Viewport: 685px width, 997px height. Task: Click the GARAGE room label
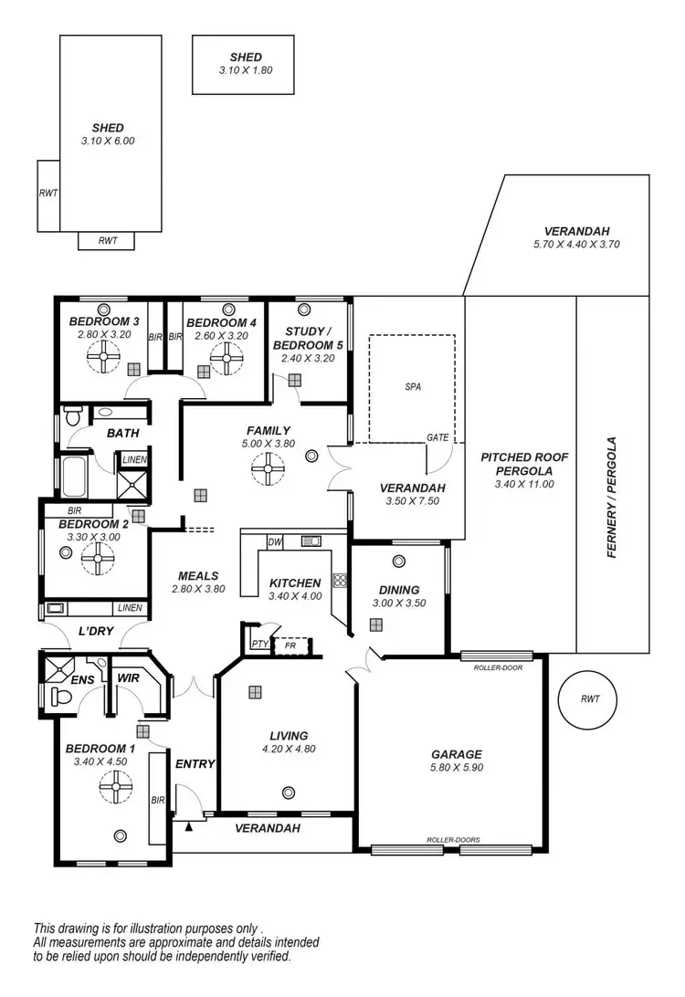(457, 754)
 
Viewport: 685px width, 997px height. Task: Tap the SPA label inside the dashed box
(413, 386)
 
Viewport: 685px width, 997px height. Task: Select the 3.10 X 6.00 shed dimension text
(108, 142)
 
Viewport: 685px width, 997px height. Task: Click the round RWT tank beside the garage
(590, 699)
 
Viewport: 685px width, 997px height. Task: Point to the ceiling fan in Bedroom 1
(117, 786)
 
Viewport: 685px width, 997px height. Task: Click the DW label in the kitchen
(274, 541)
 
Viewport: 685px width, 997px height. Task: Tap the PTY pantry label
(258, 644)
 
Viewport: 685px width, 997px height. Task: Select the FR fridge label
(291, 644)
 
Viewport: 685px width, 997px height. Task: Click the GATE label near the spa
(437, 438)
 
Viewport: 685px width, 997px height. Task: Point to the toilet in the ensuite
(61, 698)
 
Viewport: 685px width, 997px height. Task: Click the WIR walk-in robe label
(126, 678)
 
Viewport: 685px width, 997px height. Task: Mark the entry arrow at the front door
(189, 825)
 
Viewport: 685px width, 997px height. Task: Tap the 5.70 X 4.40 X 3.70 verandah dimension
(576, 245)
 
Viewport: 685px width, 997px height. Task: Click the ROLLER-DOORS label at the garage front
(453, 840)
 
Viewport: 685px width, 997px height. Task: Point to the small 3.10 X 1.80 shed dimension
(246, 69)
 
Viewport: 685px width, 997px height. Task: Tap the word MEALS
(197, 576)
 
